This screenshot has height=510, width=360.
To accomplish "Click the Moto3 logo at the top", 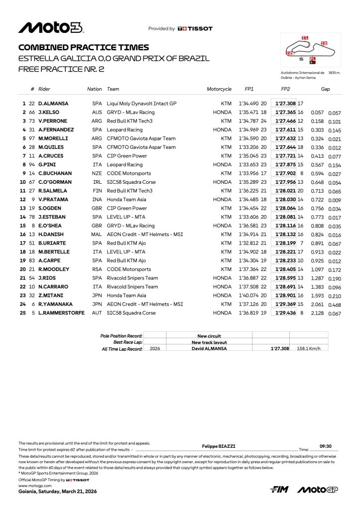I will click(x=51, y=28).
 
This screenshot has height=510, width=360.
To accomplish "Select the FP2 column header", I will click(x=285, y=89).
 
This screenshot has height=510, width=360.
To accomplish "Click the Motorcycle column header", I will click(x=219, y=89).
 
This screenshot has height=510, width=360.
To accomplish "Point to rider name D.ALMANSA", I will click(x=53, y=104).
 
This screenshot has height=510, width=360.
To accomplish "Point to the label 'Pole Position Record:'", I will click(x=121, y=336).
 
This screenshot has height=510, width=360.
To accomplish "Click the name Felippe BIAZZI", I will click(x=218, y=447).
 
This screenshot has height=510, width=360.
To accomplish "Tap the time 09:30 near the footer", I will click(x=326, y=447).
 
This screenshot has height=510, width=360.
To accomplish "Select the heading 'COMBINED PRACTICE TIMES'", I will click(x=84, y=47).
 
